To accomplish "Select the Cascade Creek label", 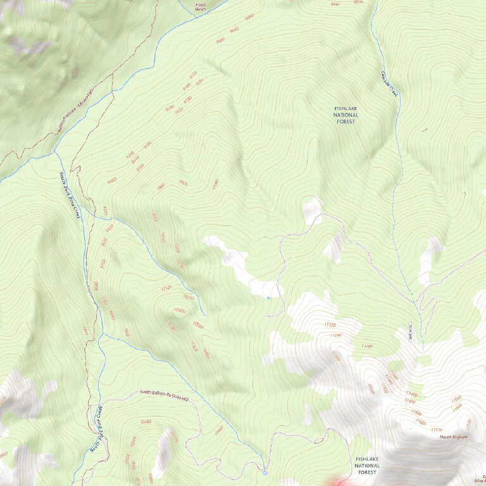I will click(390, 82).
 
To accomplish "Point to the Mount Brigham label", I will click(454, 437).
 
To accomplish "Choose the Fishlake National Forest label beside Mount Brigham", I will click(367, 465).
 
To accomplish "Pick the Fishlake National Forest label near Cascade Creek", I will click(346, 115).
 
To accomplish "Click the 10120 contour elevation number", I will click(166, 288).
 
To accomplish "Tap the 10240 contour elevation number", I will click(188, 296).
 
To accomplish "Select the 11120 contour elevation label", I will click(329, 325).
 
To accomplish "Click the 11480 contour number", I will click(366, 346).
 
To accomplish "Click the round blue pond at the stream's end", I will click(265, 472).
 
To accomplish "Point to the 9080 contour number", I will click(249, 17).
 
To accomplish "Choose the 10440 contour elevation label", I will click(219, 430).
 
